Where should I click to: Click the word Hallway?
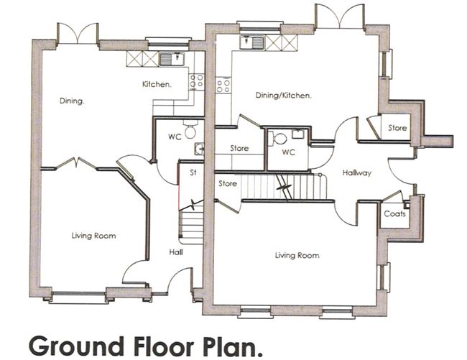pyautogui.click(x=356, y=172)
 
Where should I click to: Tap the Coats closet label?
pyautogui.click(x=394, y=213)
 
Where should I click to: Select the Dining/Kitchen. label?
pyautogui.click(x=283, y=95)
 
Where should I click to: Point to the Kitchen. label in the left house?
pyautogui.click(x=157, y=84)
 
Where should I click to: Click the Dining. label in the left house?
pyautogui.click(x=72, y=101)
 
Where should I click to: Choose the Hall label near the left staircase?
pyautogui.click(x=176, y=252)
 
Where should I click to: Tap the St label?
pyautogui.click(x=193, y=173)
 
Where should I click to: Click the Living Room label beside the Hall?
pyautogui.click(x=93, y=236)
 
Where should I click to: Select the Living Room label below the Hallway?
pyautogui.click(x=297, y=255)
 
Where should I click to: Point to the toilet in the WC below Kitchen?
pyautogui.click(x=190, y=131)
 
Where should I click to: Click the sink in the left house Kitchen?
pyautogui.click(x=171, y=59)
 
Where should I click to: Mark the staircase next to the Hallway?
pyautogui.click(x=284, y=188)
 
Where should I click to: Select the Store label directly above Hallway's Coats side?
pyautogui.click(x=397, y=128)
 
